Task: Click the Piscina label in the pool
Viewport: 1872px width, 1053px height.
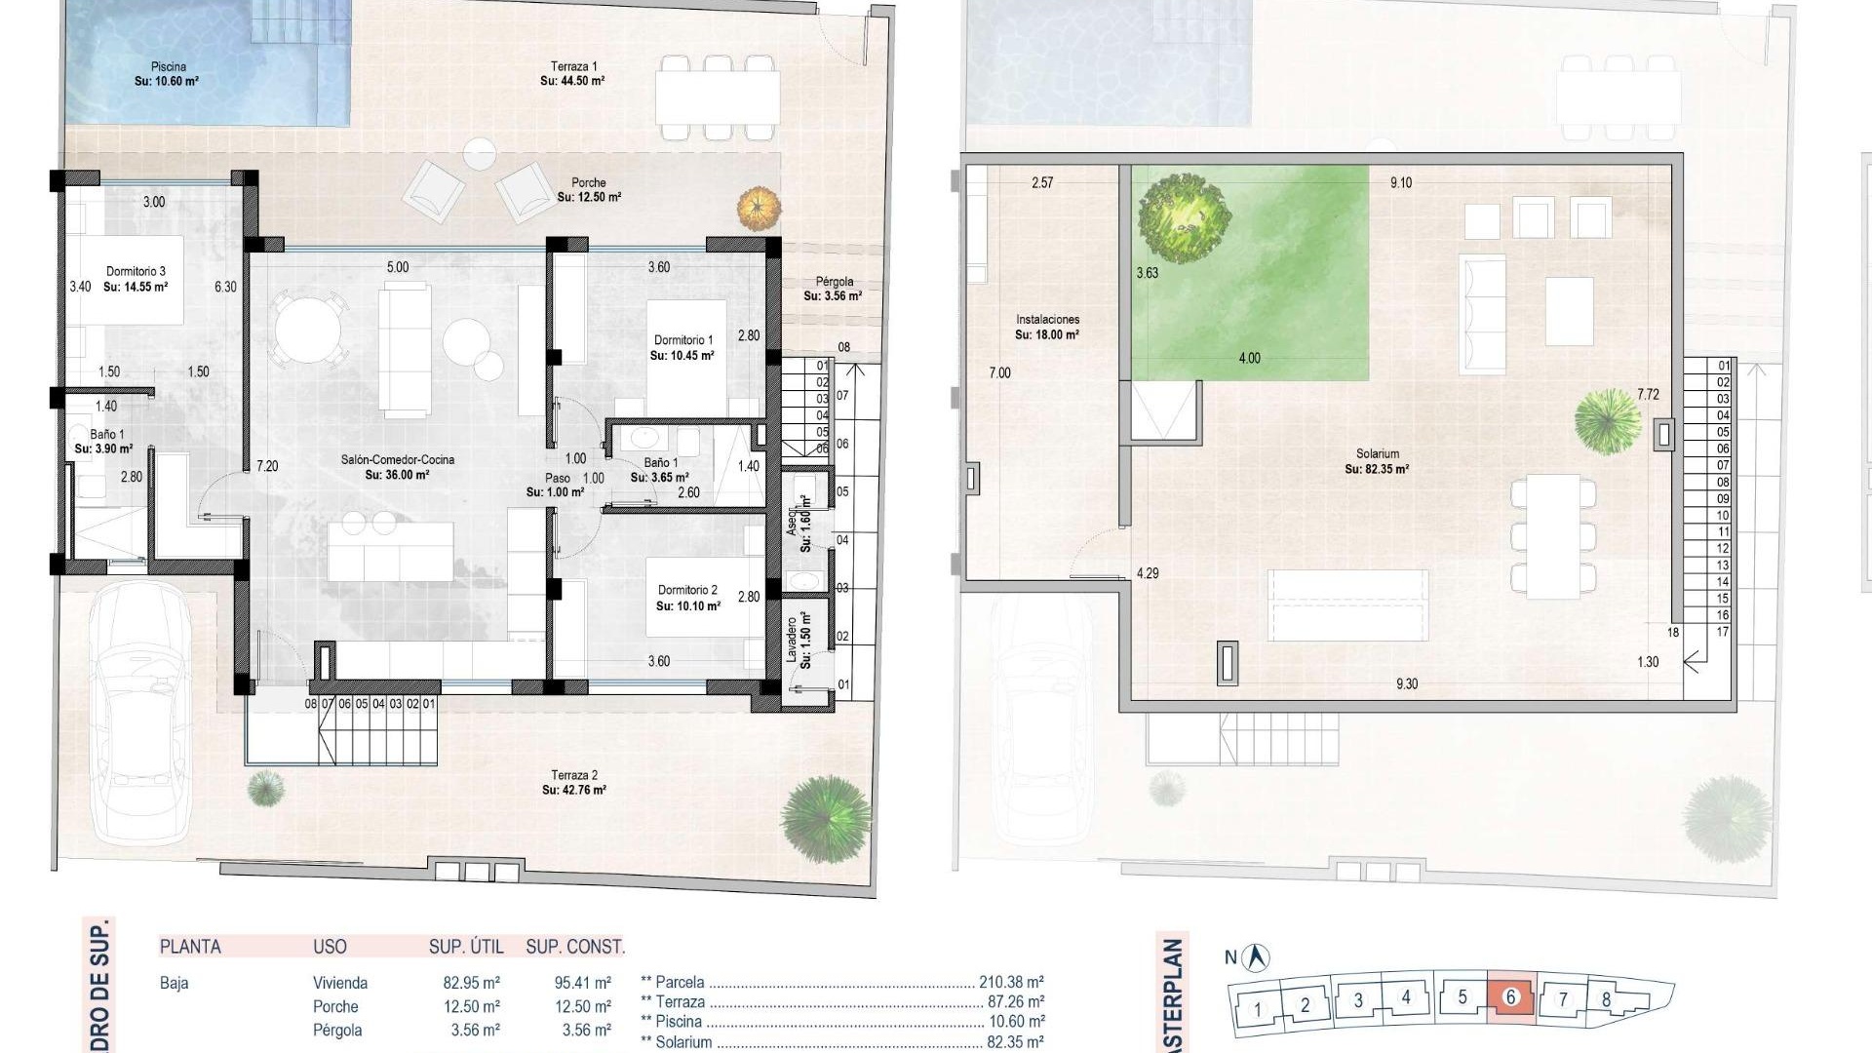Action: pyautogui.click(x=168, y=67)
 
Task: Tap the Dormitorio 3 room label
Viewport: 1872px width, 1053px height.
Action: pyautogui.click(x=136, y=272)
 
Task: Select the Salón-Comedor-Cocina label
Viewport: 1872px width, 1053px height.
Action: pyautogui.click(x=397, y=460)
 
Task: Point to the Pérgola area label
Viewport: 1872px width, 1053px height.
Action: pyautogui.click(x=835, y=282)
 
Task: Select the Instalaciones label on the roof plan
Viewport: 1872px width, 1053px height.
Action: pyautogui.click(x=1047, y=320)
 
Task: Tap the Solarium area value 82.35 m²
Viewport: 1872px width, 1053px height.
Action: pyautogui.click(x=1377, y=469)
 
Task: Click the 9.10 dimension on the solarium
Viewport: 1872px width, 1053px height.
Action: pyautogui.click(x=1400, y=182)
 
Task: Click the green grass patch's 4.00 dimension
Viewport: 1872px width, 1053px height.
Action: pyautogui.click(x=1249, y=358)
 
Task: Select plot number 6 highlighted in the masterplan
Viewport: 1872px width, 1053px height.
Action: pyautogui.click(x=1510, y=996)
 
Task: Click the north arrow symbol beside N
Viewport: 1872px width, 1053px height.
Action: pyautogui.click(x=1259, y=957)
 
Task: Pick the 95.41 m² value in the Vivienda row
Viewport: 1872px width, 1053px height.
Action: pyautogui.click(x=582, y=983)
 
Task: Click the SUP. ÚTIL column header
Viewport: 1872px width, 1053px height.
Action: pyautogui.click(x=466, y=947)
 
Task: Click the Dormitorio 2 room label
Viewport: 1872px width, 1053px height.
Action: pyautogui.click(x=687, y=590)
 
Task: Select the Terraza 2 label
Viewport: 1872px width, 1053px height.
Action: pyautogui.click(x=574, y=775)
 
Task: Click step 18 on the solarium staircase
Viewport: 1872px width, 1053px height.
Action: pyautogui.click(x=1673, y=632)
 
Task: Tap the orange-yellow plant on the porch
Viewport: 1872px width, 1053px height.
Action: pyautogui.click(x=759, y=207)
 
